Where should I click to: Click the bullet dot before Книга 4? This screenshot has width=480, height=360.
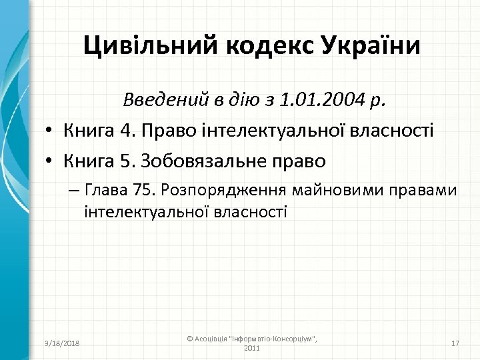[51, 131]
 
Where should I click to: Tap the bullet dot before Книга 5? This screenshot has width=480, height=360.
[51, 161]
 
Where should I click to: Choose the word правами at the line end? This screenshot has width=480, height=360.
[426, 191]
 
